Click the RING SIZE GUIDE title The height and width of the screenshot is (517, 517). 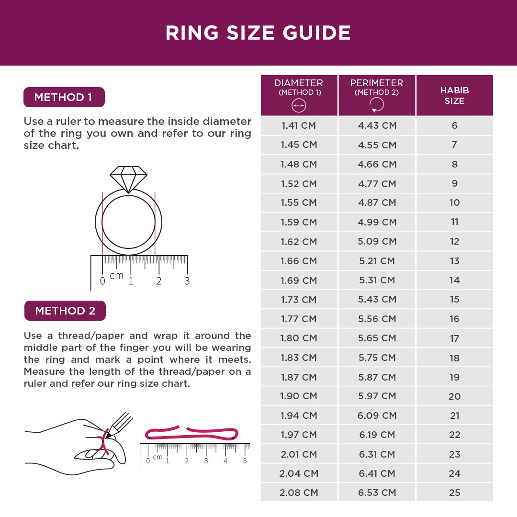tap(258, 33)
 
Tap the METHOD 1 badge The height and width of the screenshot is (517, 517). tap(64, 97)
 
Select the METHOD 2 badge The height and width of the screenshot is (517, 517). tap(65, 311)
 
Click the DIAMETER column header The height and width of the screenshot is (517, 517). tap(299, 95)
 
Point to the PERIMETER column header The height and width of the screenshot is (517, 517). tap(376, 95)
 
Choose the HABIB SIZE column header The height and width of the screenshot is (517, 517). tap(454, 95)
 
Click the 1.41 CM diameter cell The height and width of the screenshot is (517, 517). tap(299, 125)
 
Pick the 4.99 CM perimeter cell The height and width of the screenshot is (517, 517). tap(377, 222)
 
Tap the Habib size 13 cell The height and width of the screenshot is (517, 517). tap(454, 261)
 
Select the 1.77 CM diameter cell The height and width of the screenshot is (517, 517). tap(299, 319)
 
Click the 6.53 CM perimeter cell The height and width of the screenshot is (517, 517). tap(377, 493)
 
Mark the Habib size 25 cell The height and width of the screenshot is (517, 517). tap(454, 493)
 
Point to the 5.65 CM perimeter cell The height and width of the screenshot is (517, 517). tap(377, 338)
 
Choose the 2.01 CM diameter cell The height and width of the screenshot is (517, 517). tap(299, 454)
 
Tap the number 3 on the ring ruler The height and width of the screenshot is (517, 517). tap(187, 281)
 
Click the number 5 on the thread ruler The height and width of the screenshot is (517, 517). tap(245, 461)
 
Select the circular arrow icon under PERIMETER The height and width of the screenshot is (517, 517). tap(376, 105)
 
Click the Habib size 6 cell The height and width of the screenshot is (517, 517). tap(454, 125)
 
